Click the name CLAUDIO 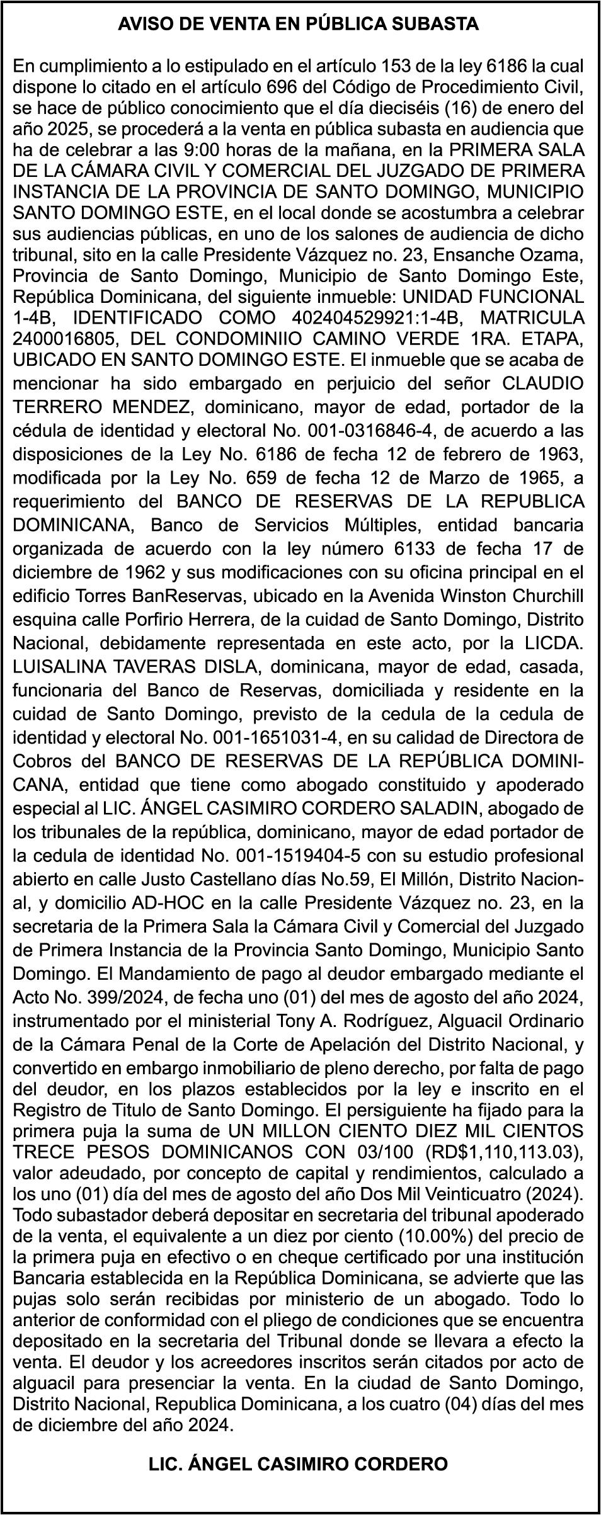pyautogui.click(x=542, y=383)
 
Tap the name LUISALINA pyautogui.click(x=57, y=667)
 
